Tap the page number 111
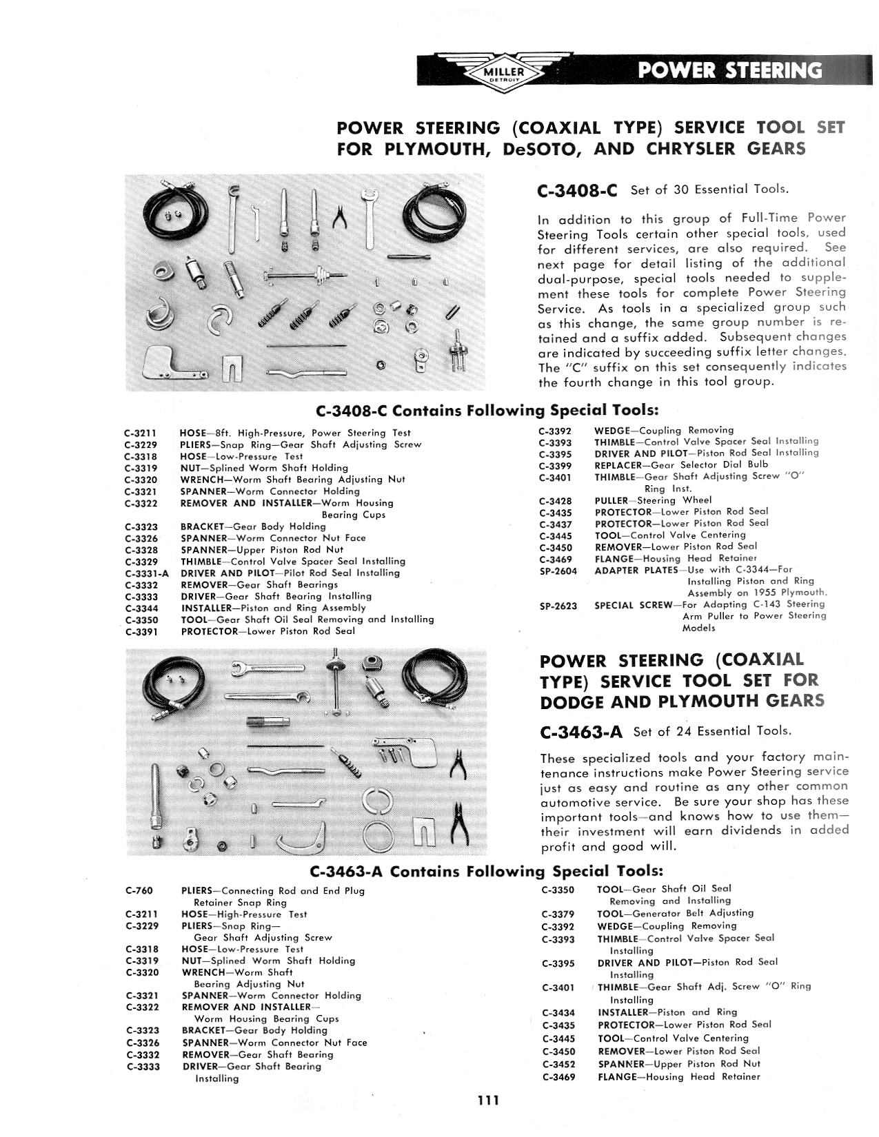(x=488, y=1100)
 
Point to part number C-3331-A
(x=146, y=573)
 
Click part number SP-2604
(x=558, y=571)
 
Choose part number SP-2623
(x=558, y=606)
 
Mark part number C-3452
(x=559, y=1064)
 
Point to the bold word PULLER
(x=612, y=500)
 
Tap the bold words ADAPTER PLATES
(x=636, y=571)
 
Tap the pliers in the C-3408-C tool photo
(x=339, y=216)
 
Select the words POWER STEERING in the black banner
(x=729, y=70)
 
